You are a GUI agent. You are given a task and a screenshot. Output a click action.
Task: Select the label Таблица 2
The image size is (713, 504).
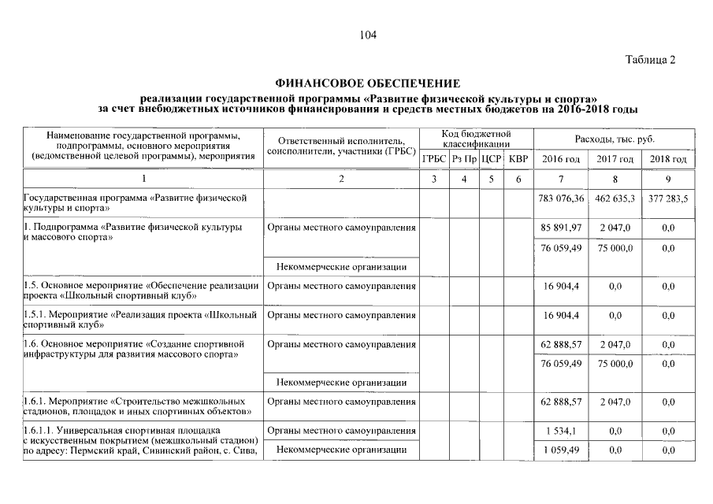650,60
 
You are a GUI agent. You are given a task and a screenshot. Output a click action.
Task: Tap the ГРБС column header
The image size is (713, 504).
434,159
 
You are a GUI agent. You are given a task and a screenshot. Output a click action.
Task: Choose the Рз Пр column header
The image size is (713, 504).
464,159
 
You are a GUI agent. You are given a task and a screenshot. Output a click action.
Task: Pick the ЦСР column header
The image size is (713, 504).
491,159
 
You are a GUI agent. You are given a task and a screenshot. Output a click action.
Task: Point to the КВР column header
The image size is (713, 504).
518,159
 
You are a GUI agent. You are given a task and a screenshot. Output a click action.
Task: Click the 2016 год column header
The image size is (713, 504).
561,159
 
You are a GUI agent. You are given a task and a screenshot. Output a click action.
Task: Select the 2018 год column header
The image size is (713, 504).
668,159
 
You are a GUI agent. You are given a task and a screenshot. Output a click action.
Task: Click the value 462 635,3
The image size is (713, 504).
615,198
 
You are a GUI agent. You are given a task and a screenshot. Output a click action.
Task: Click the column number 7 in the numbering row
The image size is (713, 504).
561,179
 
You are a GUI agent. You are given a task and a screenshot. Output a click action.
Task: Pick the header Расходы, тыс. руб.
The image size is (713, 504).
615,139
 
